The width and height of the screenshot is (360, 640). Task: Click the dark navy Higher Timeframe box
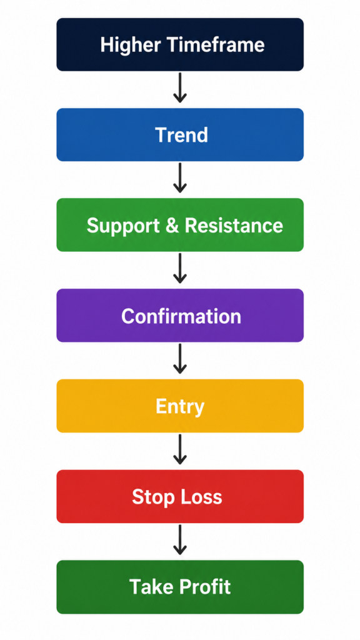click(x=180, y=44)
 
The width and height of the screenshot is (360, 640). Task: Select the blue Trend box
click(x=180, y=135)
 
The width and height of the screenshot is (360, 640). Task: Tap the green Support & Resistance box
click(x=180, y=225)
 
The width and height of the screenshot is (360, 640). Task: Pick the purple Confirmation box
click(x=180, y=316)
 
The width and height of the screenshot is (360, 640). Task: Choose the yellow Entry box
click(x=180, y=406)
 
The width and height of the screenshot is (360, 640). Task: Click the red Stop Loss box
click(x=180, y=496)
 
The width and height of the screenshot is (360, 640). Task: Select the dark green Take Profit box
click(x=180, y=587)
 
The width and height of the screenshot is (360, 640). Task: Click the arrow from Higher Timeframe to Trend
click(x=180, y=87)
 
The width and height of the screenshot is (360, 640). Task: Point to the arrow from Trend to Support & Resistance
click(x=180, y=178)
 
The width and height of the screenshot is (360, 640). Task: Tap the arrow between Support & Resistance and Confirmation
click(x=180, y=269)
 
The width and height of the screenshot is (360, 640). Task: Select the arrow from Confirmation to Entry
click(x=180, y=359)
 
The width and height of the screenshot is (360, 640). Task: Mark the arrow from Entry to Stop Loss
click(x=180, y=449)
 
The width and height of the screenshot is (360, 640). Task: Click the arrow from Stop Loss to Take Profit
click(x=180, y=539)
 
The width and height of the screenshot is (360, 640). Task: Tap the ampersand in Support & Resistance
click(x=172, y=225)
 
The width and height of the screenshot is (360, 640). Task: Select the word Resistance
click(x=234, y=225)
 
